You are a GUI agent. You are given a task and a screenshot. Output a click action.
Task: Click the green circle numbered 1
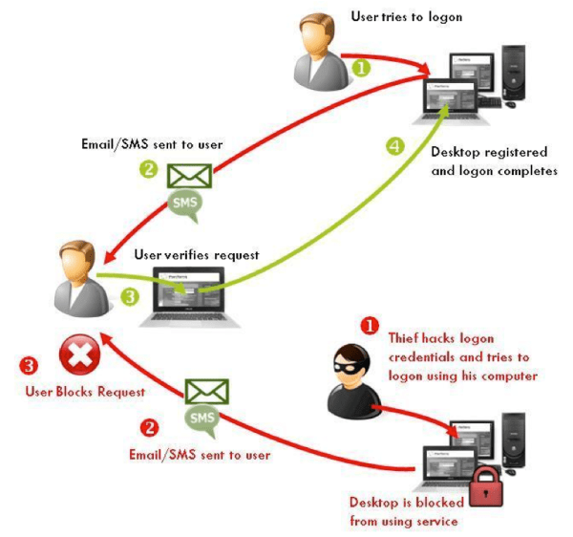click(x=361, y=68)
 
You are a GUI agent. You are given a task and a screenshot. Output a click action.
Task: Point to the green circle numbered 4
click(x=393, y=147)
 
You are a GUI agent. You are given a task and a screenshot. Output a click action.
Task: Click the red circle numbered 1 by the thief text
click(x=369, y=326)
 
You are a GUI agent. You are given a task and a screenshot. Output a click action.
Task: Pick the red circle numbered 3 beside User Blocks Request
click(x=30, y=364)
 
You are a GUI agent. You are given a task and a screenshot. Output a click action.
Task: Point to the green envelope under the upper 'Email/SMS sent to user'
click(x=189, y=177)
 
